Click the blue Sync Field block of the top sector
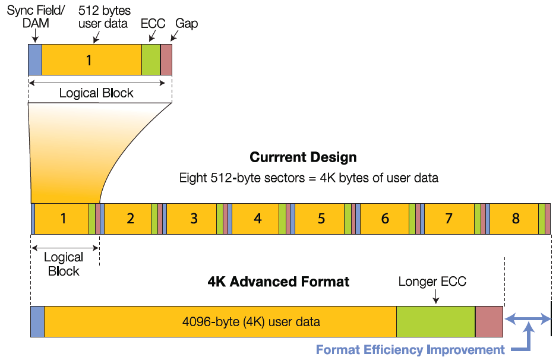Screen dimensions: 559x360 35,59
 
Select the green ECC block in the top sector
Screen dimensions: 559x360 151,59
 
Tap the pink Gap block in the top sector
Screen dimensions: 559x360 166,59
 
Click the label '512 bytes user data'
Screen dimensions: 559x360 104,17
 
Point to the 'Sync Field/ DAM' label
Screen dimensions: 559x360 36,17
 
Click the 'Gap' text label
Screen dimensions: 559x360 187,24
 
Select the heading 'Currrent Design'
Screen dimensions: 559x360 303,157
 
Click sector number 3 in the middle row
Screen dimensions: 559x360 194,219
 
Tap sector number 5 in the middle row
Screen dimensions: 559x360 321,219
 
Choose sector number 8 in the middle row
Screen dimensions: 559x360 516,219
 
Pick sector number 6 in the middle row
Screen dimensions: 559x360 385,219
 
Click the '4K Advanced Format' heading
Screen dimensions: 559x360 279,282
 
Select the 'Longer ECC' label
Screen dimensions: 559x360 432,282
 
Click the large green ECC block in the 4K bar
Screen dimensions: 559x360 435,321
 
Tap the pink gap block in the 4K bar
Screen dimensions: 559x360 489,321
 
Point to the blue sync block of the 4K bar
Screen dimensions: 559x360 37,321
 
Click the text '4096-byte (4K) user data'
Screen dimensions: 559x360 251,322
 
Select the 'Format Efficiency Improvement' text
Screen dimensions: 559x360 410,350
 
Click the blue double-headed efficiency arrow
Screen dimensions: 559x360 528,318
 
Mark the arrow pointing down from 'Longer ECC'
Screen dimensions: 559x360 435,296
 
